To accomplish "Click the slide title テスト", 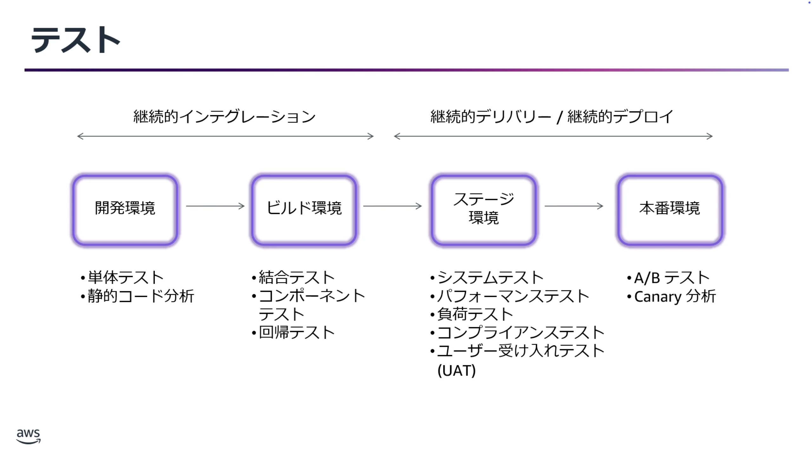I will [75, 40].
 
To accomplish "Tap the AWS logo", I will [28, 436].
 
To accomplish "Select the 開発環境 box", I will [125, 210].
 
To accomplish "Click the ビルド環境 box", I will [304, 210].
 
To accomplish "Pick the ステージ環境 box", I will [483, 210].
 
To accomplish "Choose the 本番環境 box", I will [670, 210].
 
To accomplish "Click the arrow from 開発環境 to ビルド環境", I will [215, 206].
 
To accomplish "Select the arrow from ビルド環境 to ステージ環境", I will [392, 206].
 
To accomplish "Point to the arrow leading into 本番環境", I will [573, 206].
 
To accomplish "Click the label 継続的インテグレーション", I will [224, 117].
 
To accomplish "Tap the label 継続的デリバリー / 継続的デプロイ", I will [551, 117].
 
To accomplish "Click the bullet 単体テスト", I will [126, 278].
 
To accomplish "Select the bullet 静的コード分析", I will [141, 296].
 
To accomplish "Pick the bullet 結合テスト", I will [297, 278].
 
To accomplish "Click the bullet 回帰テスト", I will [297, 333].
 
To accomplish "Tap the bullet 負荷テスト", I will [475, 314].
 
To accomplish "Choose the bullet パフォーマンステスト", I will [513, 296].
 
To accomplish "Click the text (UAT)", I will [456, 370].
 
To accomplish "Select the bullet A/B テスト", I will [671, 278].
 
